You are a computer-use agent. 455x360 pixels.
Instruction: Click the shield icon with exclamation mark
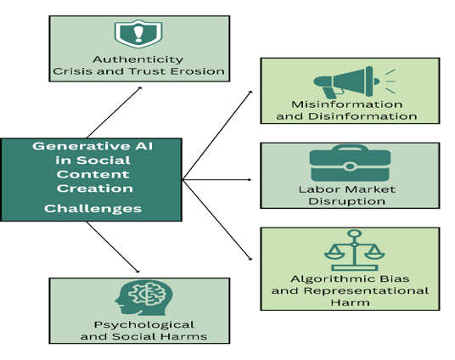[x=138, y=34]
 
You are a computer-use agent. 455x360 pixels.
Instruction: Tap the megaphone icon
[x=354, y=82]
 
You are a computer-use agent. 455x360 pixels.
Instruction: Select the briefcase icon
[x=350, y=163]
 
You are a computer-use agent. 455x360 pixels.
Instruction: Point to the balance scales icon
[x=354, y=250]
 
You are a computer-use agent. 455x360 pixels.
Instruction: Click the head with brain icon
[x=143, y=297]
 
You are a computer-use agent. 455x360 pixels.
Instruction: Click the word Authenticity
[x=138, y=59]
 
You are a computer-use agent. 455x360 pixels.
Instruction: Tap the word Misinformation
[x=346, y=104]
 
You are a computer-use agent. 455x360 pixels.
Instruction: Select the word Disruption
[x=346, y=201]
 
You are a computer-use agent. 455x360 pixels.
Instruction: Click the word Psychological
[x=144, y=325]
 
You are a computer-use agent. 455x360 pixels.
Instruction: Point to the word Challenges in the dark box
[x=93, y=209]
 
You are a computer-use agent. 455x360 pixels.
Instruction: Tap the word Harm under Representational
[x=350, y=302]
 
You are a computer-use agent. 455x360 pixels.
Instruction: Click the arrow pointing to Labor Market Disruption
[x=216, y=180]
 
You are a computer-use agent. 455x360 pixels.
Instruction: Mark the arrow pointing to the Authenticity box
[x=114, y=112]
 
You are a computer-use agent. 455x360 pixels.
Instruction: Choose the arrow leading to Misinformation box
[x=217, y=135]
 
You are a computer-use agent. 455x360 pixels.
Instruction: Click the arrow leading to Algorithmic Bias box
[x=217, y=220]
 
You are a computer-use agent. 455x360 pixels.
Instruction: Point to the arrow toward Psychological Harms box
[x=113, y=247]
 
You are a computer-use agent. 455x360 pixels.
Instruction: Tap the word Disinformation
[x=362, y=116]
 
